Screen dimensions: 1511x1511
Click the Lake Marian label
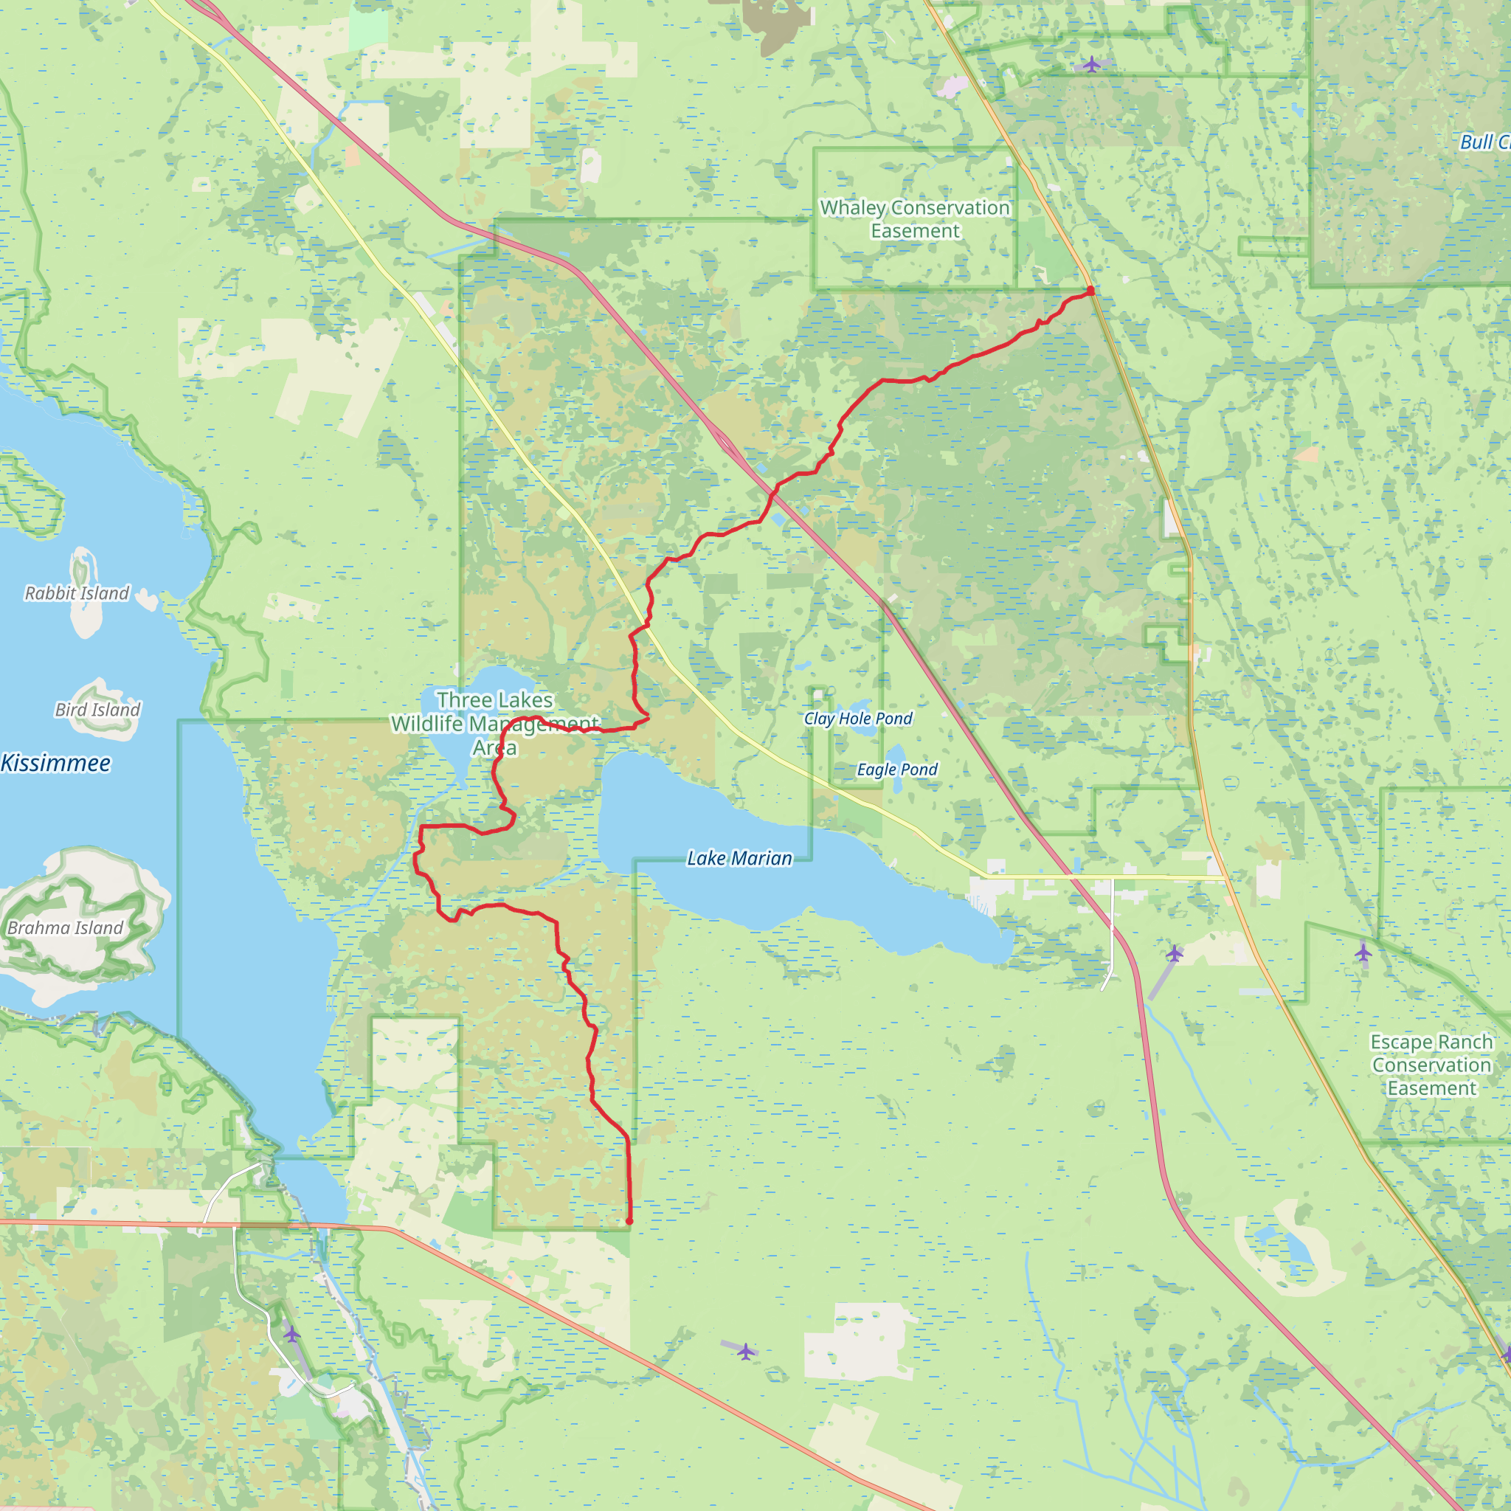click(x=739, y=858)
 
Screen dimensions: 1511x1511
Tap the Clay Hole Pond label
click(x=858, y=718)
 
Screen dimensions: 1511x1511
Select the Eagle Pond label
click(x=897, y=769)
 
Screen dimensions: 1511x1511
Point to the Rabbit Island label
click(x=77, y=593)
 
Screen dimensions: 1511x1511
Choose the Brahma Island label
click(x=65, y=927)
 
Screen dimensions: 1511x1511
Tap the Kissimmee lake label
click(x=55, y=763)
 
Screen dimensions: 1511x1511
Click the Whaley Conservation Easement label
click(x=915, y=219)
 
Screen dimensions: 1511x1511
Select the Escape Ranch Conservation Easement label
click(x=1431, y=1065)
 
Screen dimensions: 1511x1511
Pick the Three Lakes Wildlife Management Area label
click(x=495, y=724)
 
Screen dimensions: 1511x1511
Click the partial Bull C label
click(x=1484, y=142)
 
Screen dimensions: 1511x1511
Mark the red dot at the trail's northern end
click(x=1090, y=290)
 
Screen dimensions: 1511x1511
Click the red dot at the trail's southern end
click(x=629, y=1221)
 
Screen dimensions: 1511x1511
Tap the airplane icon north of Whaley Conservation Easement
click(x=1092, y=63)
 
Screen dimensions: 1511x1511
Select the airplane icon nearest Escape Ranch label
click(x=1363, y=952)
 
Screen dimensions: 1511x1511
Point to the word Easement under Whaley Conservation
click(x=915, y=231)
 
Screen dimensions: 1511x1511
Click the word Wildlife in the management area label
click(x=427, y=724)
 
